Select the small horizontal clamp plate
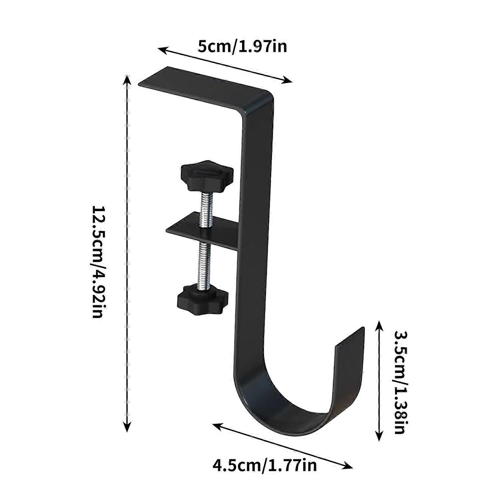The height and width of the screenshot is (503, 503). pos(201,231)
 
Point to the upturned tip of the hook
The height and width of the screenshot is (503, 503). pos(351,340)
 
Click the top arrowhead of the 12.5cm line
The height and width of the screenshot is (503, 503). pos(127,79)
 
